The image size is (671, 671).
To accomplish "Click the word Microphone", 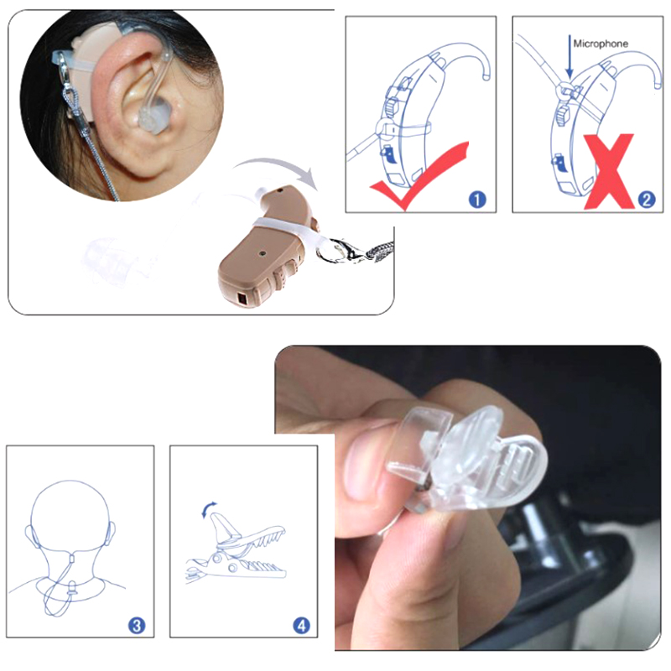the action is pyautogui.click(x=601, y=44).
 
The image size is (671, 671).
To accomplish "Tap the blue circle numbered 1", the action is pyautogui.click(x=477, y=200).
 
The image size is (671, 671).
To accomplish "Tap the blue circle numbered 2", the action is pyautogui.click(x=647, y=200).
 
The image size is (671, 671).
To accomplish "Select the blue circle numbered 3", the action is pyautogui.click(x=137, y=626).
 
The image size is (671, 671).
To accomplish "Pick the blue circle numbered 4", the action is pyautogui.click(x=301, y=626).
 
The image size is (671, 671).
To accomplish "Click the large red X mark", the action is pyautogui.click(x=609, y=171).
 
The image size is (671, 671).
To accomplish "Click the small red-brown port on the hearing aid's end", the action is pyautogui.click(x=242, y=299).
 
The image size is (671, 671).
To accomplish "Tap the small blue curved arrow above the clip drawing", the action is pyautogui.click(x=208, y=509).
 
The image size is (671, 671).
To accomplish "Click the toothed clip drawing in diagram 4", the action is pyautogui.click(x=237, y=550).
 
